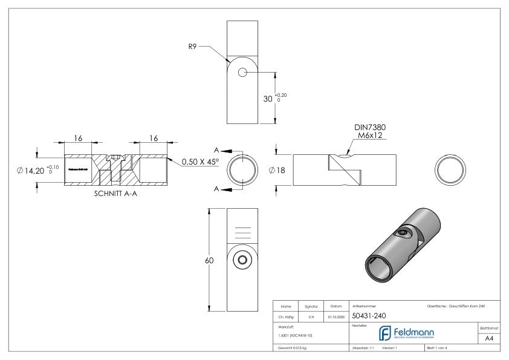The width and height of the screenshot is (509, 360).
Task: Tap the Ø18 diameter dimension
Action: pos(279,170)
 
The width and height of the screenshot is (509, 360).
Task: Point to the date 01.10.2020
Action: pos(336,315)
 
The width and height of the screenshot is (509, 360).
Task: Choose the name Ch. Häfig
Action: pos(284,315)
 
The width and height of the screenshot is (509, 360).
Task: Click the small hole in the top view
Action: pos(243,72)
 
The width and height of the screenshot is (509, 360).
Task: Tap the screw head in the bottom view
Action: pos(243,260)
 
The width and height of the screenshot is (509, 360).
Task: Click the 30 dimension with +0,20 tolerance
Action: pos(270,99)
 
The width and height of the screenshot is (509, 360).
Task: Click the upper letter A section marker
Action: pos(216,150)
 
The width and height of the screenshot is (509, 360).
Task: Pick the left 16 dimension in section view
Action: pos(78,139)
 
